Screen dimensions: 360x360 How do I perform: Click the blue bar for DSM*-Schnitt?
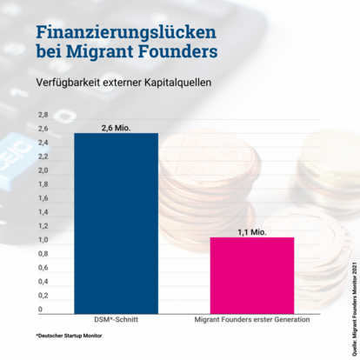[116, 223]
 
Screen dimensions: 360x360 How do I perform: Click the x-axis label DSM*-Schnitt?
[116, 319]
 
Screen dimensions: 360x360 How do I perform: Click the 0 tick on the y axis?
[40, 310]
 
